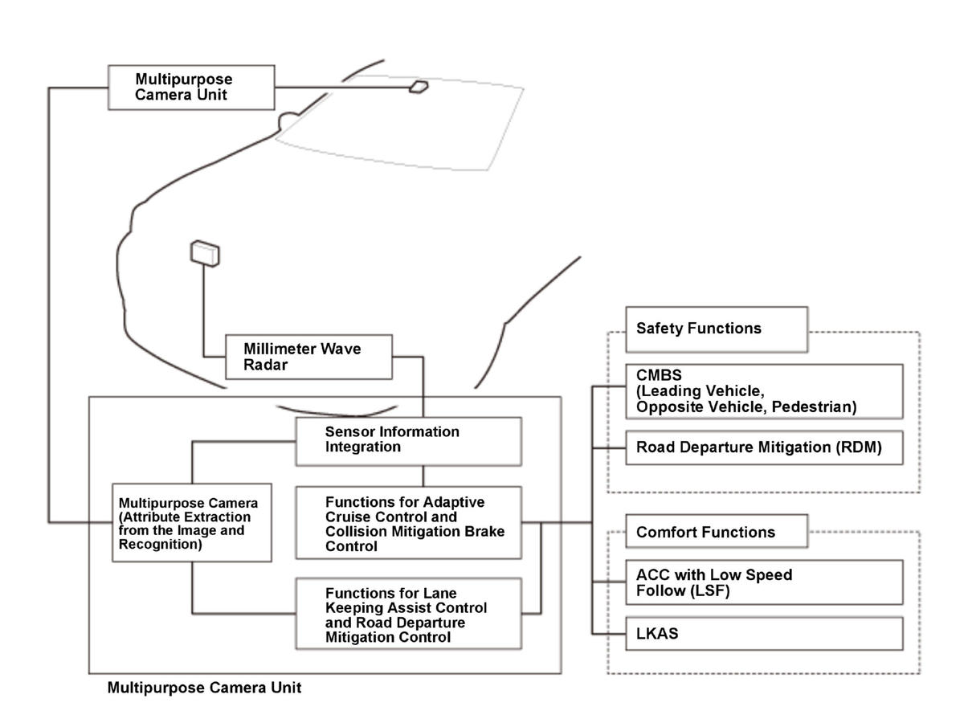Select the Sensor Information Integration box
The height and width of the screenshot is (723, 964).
coord(408,440)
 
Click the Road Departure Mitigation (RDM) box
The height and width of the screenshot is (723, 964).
coord(764,448)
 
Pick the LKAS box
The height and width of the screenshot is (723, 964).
coord(764,634)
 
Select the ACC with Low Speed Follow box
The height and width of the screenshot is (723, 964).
coord(764,582)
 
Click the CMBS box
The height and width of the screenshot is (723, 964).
coord(764,391)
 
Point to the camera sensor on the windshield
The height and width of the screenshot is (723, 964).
coord(419,87)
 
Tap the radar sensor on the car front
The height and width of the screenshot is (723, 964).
coord(205,252)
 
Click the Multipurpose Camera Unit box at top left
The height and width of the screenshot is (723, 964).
coord(191,87)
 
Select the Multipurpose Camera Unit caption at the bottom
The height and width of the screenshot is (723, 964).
coord(204,688)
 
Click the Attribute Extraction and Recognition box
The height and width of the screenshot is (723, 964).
coord(191,522)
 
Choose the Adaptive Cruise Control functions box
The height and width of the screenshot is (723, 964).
coord(408,522)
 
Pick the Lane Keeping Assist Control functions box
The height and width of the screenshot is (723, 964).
coord(408,613)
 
